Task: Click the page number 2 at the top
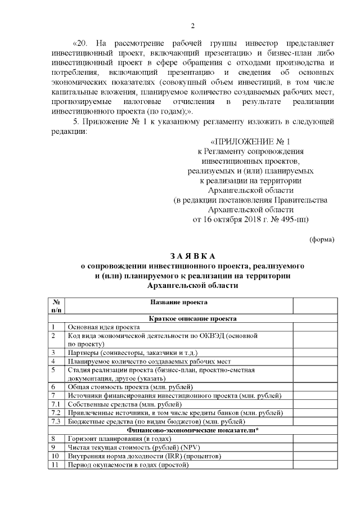(x=192, y=25)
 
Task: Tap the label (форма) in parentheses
(x=323, y=239)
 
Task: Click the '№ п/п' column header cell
(x=56, y=306)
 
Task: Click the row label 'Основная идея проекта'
(x=103, y=327)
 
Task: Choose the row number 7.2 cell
(x=55, y=413)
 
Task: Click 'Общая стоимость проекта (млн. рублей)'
(x=130, y=387)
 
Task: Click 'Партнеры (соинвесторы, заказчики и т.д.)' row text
(x=133, y=352)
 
